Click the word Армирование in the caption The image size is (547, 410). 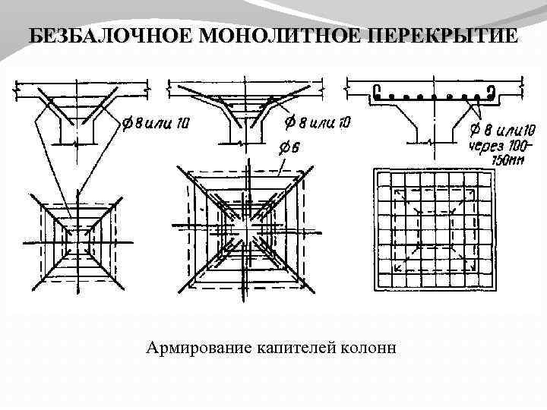point(197,348)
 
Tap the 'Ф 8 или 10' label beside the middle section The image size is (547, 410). point(317,121)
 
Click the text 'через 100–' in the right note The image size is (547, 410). point(498,146)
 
